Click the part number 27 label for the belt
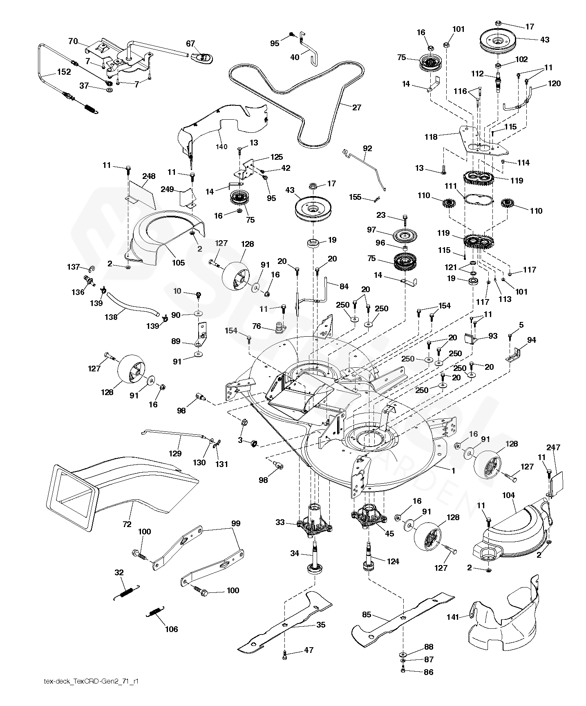pos(356,107)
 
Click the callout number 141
pos(453,617)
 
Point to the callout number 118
pos(431,137)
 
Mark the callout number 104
pos(508,496)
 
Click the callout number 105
pos(179,263)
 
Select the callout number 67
pos(191,43)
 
